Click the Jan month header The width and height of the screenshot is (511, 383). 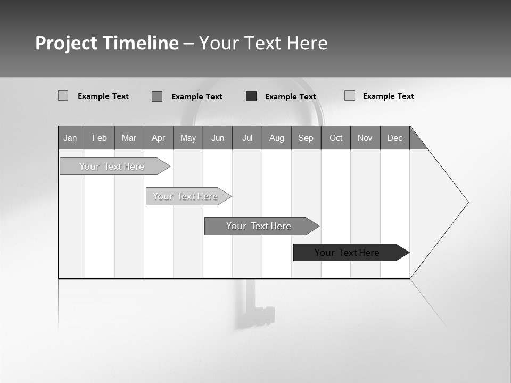[x=71, y=138]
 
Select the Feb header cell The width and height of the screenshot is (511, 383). [x=100, y=138]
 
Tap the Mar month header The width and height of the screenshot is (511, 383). [x=129, y=138]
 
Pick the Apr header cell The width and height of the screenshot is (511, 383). [x=159, y=138]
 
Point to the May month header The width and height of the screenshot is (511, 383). [x=188, y=138]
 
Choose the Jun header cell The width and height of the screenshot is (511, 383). [x=218, y=138]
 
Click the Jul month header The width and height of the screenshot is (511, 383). [x=247, y=138]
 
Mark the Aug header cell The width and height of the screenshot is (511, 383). [x=277, y=138]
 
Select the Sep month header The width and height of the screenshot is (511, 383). [x=306, y=138]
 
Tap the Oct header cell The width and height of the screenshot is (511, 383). [x=336, y=138]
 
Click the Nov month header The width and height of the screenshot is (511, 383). [x=365, y=138]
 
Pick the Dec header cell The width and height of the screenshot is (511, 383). [x=395, y=138]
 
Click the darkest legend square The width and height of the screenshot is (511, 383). [x=251, y=96]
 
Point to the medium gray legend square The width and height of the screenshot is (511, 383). [x=157, y=96]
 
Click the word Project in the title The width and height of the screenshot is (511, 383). [x=67, y=43]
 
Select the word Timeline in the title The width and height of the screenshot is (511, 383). [x=140, y=43]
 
